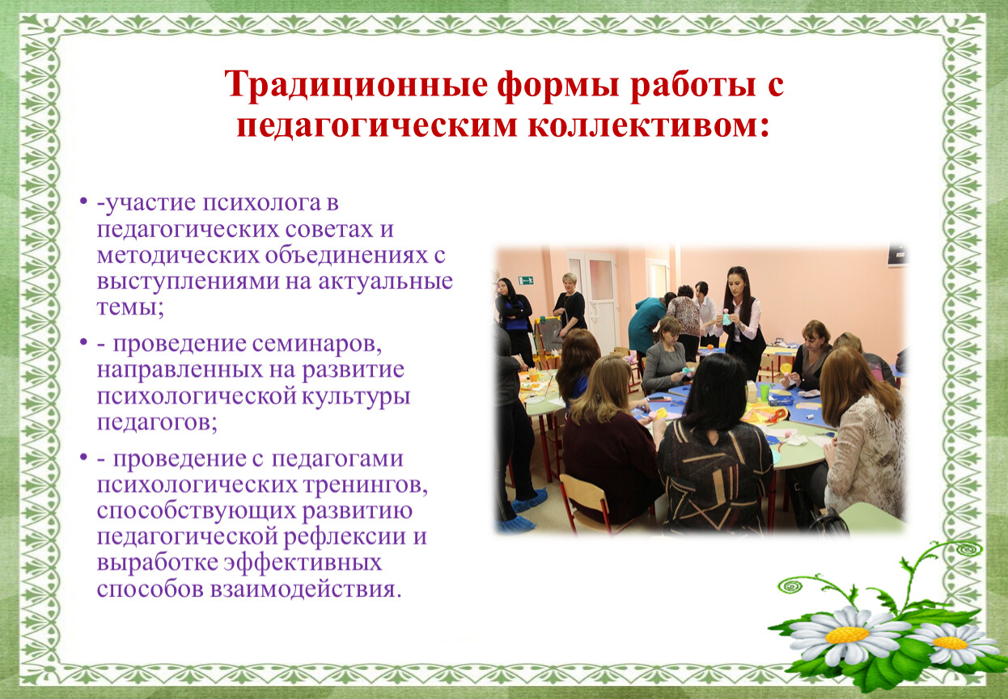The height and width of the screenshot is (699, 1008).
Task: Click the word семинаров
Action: pos(316,343)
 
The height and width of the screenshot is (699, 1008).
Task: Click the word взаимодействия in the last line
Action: pos(305,590)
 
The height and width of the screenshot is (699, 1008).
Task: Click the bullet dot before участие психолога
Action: pos(83,201)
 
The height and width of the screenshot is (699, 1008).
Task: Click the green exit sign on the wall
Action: pos(525,281)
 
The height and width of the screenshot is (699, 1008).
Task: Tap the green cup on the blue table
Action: pos(765,392)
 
